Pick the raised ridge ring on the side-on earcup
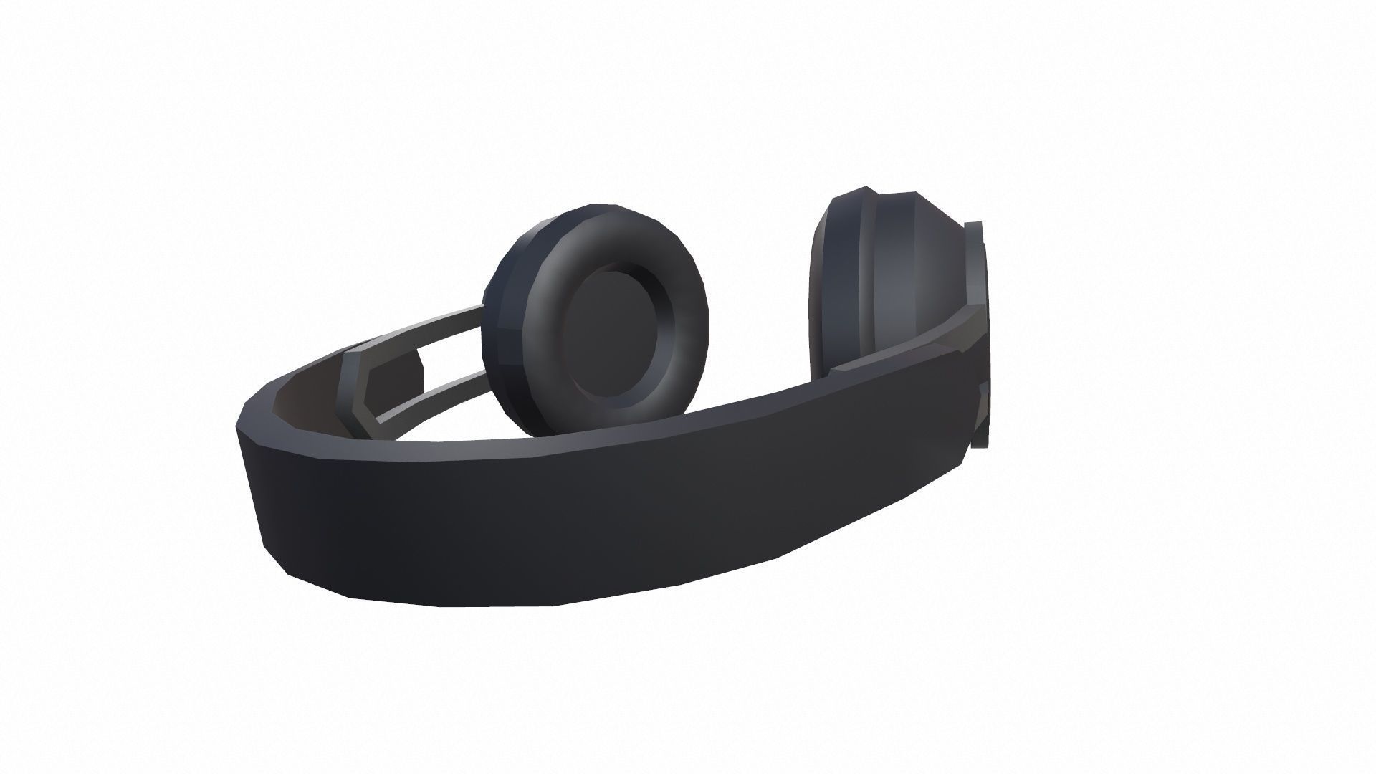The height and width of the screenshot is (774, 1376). tap(864, 287)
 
